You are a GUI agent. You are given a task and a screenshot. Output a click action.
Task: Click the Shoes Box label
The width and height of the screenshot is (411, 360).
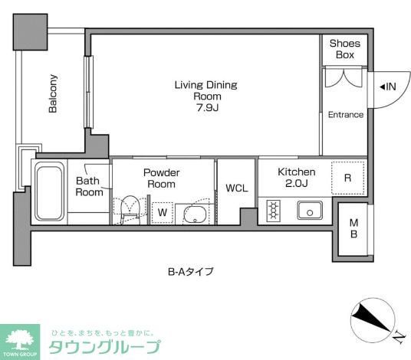[344, 49]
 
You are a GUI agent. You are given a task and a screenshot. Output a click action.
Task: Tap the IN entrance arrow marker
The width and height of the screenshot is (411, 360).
[387, 87]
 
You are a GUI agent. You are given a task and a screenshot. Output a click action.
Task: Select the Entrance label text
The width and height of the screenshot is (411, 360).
[345, 115]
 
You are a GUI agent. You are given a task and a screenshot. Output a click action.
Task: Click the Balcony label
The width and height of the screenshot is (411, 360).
[53, 93]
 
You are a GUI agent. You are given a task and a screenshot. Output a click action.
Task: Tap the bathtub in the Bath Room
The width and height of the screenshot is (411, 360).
[50, 192]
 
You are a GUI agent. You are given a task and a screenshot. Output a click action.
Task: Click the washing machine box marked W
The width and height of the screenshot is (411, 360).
[162, 212]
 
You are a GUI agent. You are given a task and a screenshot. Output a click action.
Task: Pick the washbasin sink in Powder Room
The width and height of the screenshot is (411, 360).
[196, 214]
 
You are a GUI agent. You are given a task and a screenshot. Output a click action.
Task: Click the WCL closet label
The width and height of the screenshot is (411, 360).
[236, 189]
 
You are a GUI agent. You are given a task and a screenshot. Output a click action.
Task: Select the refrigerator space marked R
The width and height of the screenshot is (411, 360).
[347, 178]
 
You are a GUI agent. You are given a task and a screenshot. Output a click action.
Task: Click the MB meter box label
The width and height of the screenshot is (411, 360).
[353, 228]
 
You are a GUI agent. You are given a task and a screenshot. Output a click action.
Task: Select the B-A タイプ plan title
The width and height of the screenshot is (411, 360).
[190, 271]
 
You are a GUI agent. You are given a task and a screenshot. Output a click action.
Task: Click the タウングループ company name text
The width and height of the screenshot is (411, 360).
[105, 347]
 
